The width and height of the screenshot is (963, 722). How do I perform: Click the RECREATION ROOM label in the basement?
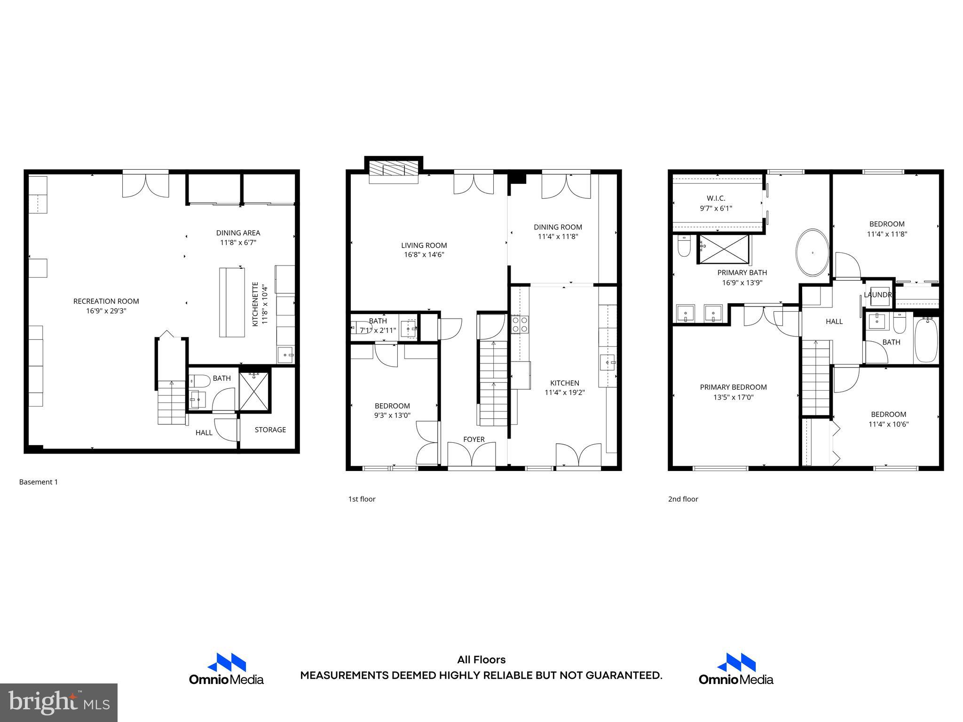(106, 301)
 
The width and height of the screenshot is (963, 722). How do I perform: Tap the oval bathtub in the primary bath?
(812, 253)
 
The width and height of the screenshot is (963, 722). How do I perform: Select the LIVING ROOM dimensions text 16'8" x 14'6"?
(424, 255)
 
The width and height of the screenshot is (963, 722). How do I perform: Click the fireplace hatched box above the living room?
(393, 173)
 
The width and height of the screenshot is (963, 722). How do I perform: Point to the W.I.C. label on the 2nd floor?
(716, 198)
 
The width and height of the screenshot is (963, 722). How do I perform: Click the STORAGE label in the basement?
(270, 430)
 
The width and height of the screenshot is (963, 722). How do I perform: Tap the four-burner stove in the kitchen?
(520, 324)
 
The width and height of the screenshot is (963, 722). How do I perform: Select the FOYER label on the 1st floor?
(474, 439)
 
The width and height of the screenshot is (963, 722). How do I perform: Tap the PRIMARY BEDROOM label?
(733, 387)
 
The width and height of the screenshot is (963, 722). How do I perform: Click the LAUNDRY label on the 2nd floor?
(878, 295)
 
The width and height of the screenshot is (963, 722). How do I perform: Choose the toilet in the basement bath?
(199, 379)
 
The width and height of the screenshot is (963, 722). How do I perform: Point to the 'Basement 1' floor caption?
(39, 482)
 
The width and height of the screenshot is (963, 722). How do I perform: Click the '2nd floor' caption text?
(683, 499)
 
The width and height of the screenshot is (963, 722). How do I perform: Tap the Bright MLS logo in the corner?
(59, 702)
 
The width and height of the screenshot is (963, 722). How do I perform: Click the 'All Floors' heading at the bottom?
(481, 660)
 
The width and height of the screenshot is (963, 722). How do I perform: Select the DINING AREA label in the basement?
(238, 233)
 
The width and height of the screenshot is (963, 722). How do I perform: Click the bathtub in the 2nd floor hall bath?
(926, 339)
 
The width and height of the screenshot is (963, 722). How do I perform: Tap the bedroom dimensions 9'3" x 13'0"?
(392, 416)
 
